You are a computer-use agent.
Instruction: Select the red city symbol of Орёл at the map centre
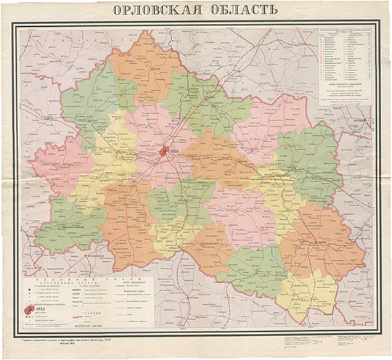[x=164, y=152]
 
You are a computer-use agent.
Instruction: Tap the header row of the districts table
[x=343, y=31]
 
